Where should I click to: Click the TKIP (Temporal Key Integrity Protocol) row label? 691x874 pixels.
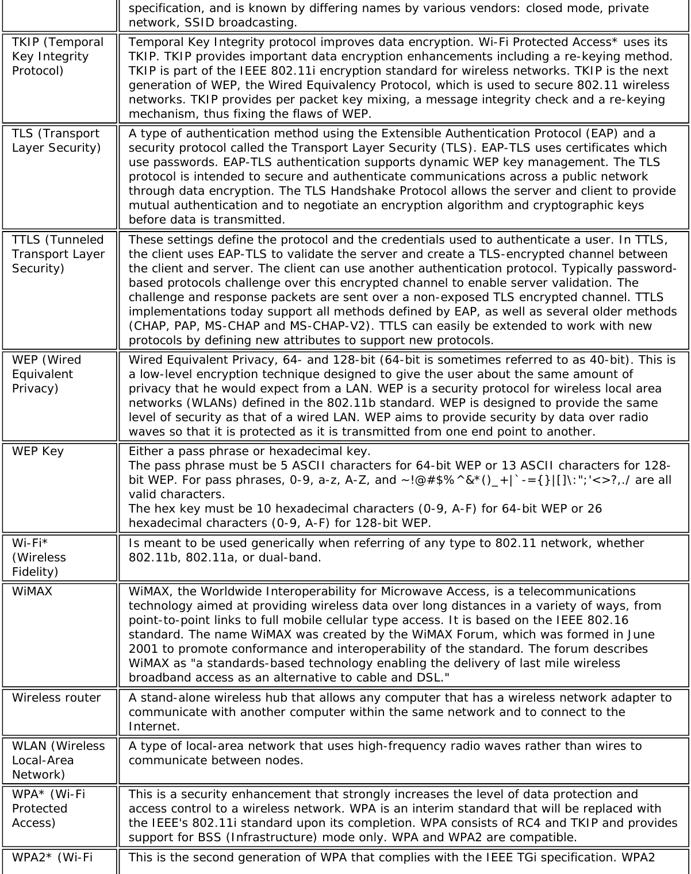point(57,56)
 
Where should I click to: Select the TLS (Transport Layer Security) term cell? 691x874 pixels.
point(56,141)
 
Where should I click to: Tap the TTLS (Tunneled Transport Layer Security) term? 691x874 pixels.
point(58,254)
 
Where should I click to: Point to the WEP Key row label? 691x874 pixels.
point(38,451)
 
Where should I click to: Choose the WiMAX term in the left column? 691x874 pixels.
point(32,591)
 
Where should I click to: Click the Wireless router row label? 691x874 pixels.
point(56,698)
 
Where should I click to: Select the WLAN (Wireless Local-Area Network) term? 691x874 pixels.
point(58,760)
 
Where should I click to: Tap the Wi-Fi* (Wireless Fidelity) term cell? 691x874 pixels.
point(39,557)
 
